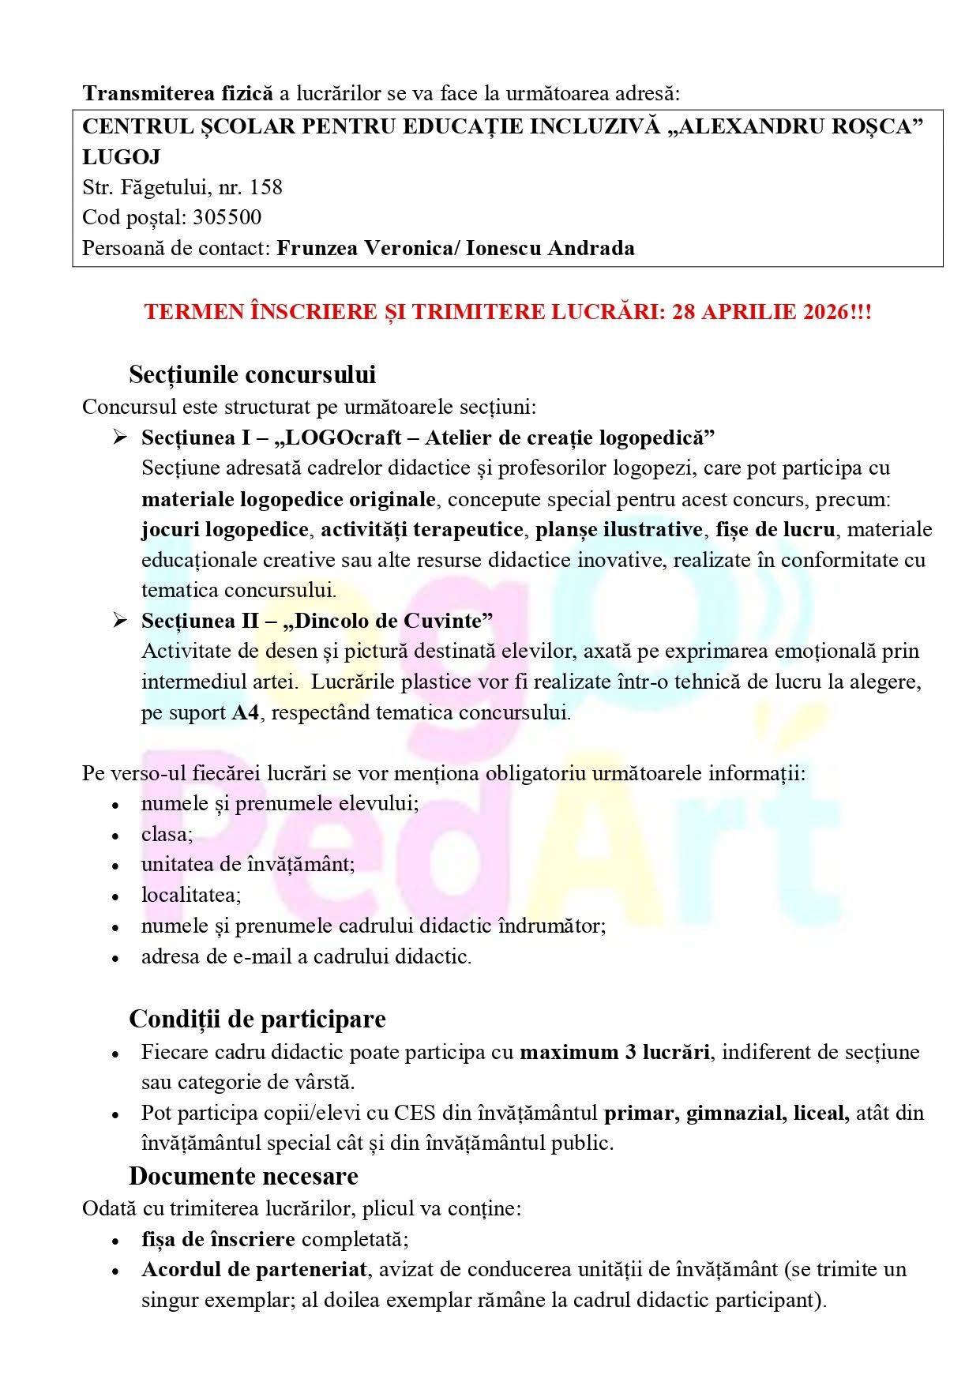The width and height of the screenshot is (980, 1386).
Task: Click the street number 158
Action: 265,187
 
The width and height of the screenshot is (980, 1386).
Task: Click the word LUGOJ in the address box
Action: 122,157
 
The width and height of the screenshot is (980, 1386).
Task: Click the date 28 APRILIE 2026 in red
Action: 760,311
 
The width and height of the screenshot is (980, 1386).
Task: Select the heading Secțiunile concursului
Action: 252,374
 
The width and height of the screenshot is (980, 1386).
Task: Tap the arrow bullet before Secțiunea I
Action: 120,437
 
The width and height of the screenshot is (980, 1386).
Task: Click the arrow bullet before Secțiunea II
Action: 120,621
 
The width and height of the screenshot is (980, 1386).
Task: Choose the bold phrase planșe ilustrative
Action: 618,529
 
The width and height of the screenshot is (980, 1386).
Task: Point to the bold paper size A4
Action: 246,712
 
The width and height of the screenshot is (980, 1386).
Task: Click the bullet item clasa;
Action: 167,834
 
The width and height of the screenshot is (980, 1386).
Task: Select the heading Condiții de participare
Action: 257,1019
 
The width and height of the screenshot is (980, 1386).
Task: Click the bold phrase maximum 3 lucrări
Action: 614,1052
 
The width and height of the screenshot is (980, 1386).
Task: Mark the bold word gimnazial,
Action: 734,1113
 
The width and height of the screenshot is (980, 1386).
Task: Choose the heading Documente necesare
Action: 243,1176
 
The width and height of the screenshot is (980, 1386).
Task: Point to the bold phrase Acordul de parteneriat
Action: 254,1269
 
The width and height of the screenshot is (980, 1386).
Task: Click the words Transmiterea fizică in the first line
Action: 178,93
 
